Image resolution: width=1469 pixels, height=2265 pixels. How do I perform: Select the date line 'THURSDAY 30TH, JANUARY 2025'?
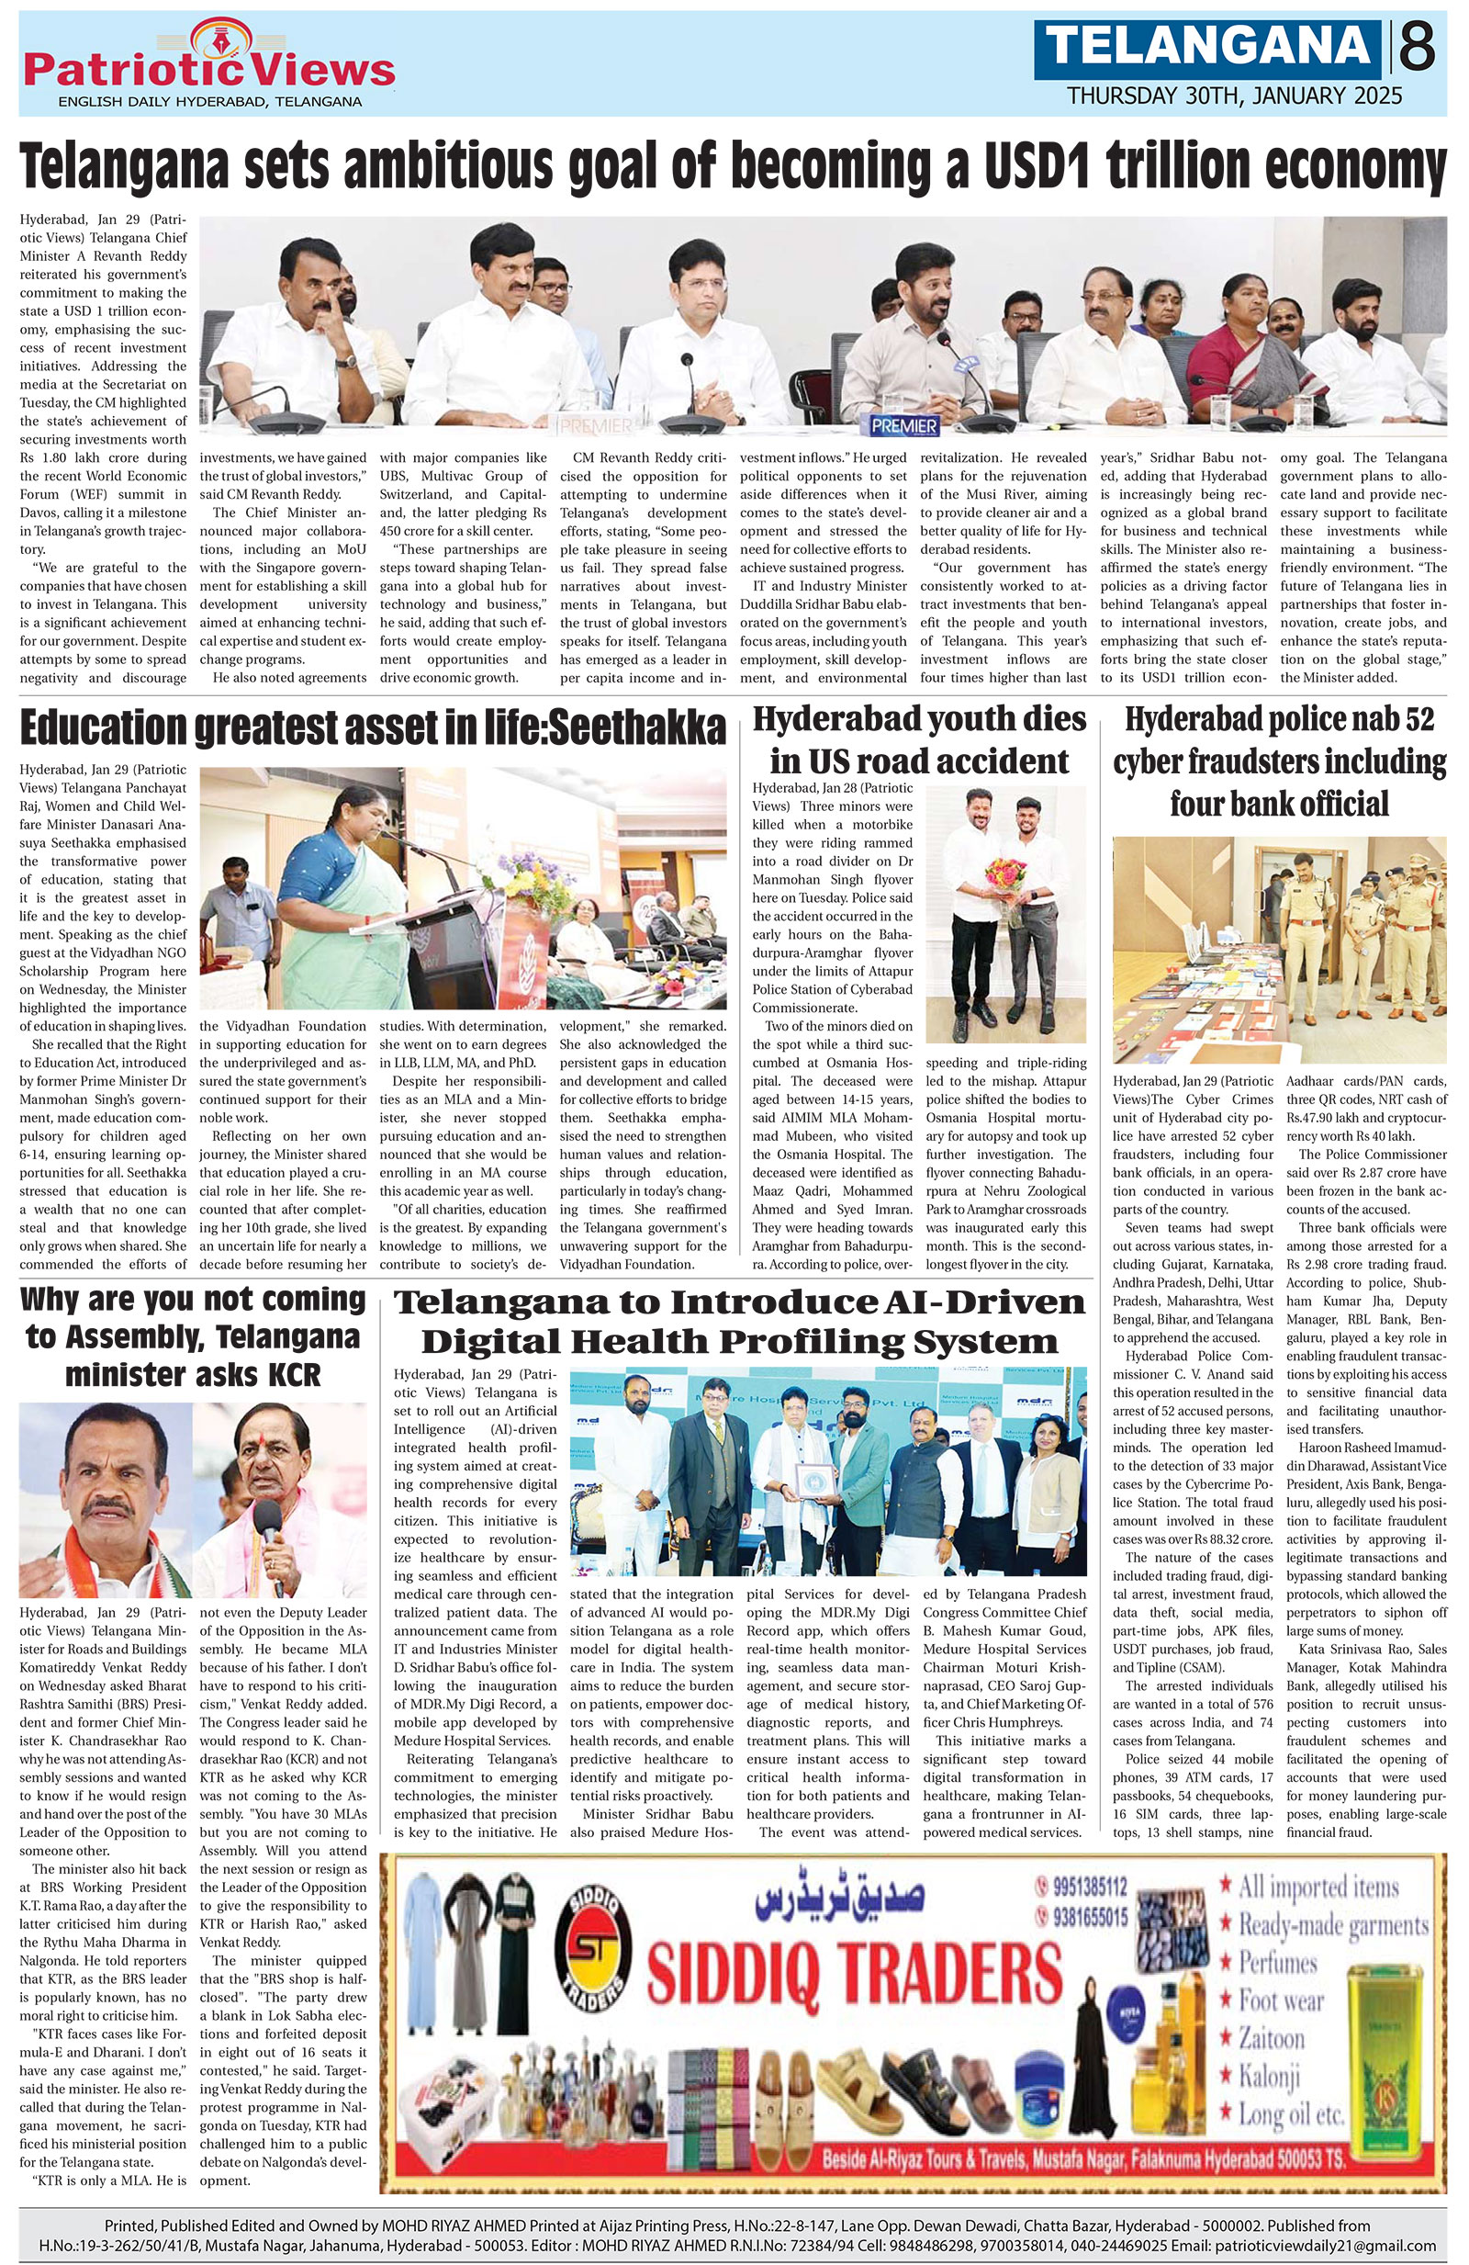1234,96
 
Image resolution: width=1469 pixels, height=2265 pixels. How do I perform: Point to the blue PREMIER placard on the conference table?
902,424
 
